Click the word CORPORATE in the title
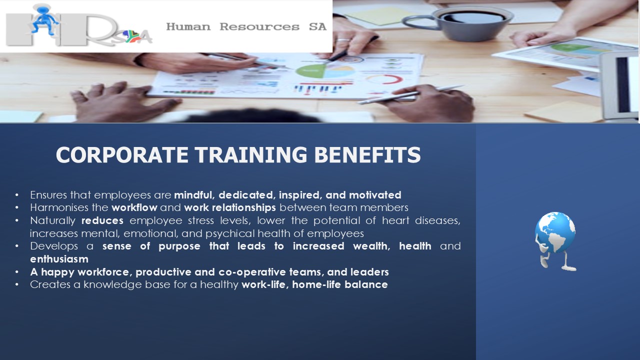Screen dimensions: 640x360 [122, 154]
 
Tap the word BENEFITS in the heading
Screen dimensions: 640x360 [367, 154]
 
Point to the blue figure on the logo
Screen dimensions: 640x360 [44, 19]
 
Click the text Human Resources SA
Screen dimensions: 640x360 [246, 27]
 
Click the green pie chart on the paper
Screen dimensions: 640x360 [310, 71]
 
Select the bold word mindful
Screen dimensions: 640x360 [194, 195]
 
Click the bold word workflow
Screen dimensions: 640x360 [134, 207]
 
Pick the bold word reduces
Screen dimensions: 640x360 [102, 220]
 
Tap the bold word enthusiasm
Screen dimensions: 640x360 [59, 259]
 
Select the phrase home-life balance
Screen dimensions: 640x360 [340, 284]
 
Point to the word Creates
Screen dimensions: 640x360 [50, 284]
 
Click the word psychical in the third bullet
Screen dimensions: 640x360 [230, 233]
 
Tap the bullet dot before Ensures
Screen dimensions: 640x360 [17, 195]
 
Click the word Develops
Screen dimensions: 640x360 [54, 246]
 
